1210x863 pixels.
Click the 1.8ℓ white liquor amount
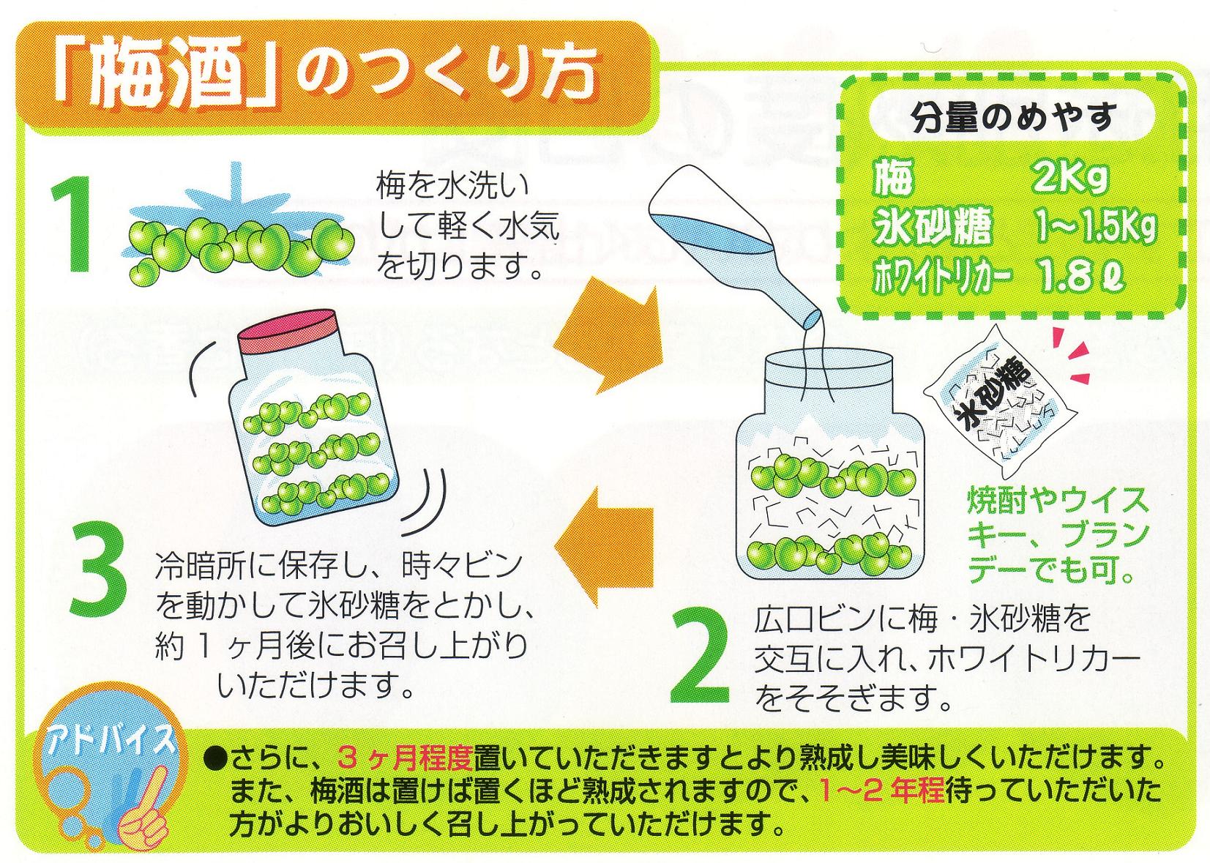[x=1078, y=276]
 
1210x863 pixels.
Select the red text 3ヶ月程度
[x=405, y=758]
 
